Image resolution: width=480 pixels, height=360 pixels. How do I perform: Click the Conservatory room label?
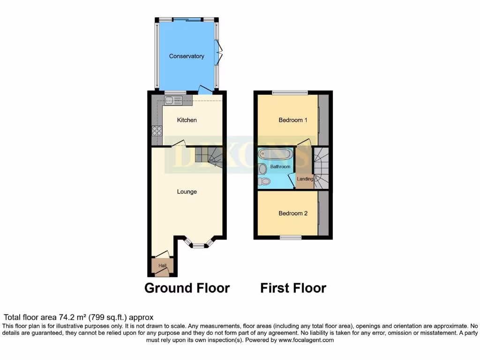click(x=187, y=56)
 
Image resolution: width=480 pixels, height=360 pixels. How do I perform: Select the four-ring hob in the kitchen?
click(x=157, y=131)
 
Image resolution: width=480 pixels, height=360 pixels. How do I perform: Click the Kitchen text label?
click(x=187, y=120)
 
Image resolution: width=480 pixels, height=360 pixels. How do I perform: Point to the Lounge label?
click(x=187, y=191)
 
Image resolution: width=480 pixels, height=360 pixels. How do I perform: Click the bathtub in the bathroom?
click(x=276, y=154)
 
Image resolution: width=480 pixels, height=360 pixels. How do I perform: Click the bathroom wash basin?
click(x=263, y=168)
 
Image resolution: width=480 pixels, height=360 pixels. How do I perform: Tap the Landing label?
click(x=305, y=179)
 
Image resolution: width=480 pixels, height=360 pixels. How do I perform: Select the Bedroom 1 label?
click(x=293, y=120)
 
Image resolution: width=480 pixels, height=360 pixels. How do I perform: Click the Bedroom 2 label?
click(x=293, y=213)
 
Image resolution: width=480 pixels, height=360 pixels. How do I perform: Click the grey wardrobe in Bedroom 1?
click(x=323, y=120)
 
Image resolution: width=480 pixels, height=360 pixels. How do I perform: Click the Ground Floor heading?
click(x=187, y=288)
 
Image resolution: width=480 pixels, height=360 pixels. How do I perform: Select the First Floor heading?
click(x=293, y=288)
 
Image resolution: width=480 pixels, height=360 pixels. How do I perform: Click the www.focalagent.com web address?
click(x=307, y=340)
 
